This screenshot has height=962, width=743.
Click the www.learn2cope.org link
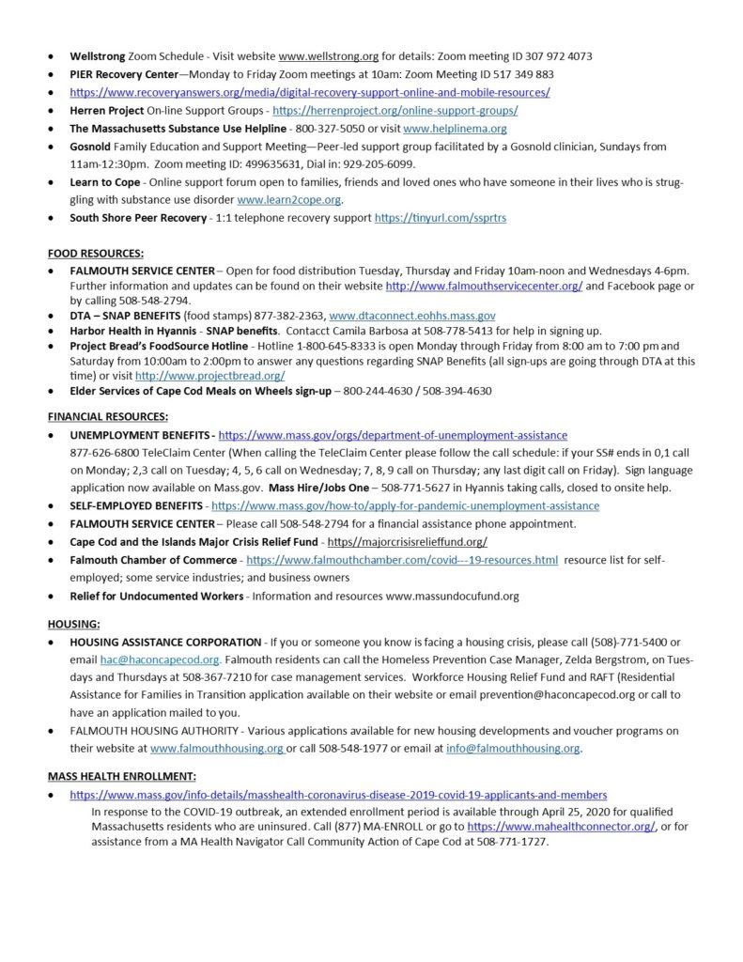coord(289,200)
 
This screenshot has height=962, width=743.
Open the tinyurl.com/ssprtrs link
coord(441,218)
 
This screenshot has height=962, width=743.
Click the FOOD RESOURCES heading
coord(97,253)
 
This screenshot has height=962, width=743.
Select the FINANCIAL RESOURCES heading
coord(108,416)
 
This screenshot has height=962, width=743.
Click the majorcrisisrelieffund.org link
coord(406,542)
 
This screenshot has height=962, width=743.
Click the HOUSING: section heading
coord(73,623)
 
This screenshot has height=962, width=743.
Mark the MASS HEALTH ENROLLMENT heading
coord(122,776)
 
